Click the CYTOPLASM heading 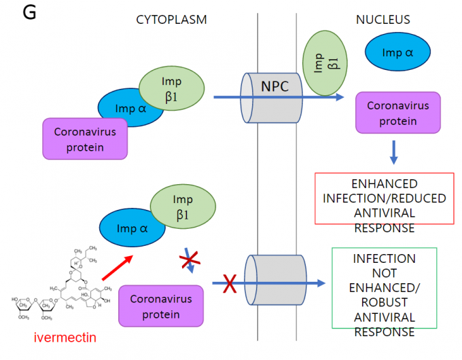(x=171, y=20)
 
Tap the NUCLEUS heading (x=383, y=20)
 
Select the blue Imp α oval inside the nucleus (x=397, y=52)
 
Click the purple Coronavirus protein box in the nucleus (x=397, y=113)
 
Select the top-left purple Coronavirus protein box (x=85, y=139)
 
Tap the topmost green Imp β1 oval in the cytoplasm (x=171, y=90)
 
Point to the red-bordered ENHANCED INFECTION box (x=384, y=199)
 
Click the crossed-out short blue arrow (x=190, y=262)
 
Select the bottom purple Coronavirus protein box (x=161, y=306)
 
